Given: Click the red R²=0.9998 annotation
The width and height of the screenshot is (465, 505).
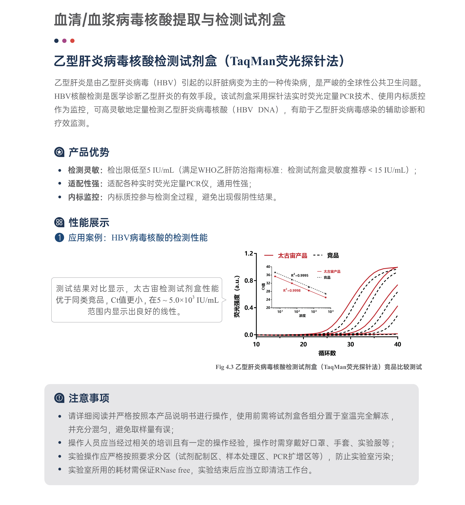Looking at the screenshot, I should coord(292,291).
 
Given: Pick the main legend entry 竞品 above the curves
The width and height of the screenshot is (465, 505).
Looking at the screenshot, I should coord(333,255).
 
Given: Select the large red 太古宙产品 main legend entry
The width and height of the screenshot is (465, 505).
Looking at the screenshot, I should coord(292,256).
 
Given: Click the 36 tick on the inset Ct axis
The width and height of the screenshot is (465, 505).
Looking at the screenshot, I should coord(268,275).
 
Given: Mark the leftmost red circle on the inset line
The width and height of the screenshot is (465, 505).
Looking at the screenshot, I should coord(275,276).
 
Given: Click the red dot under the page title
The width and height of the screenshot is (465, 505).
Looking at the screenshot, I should coord(72,41).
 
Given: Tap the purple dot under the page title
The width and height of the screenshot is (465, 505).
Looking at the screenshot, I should coord(64,41).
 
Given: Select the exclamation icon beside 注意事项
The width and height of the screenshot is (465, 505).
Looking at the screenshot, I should coord(59,398).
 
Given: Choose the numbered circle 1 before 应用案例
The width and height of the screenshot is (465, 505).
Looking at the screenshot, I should coord(59,237).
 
